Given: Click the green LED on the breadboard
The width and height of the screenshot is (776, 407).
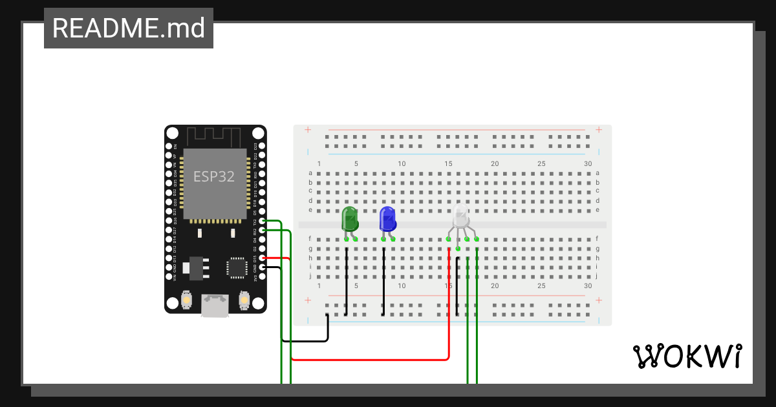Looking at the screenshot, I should pos(350,219).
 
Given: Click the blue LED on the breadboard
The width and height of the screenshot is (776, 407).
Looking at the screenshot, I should pos(387,219).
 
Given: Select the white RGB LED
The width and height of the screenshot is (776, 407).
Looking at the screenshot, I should pos(460,217).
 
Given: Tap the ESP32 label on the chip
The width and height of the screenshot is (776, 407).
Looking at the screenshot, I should pos(214,176).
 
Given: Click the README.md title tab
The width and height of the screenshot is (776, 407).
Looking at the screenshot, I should pos(129,28).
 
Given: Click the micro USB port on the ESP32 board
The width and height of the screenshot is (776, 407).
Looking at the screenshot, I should pos(214,305).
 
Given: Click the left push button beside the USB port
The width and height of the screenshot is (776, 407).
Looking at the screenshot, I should pos(186,300).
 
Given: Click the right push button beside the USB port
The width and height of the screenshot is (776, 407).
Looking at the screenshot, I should pos(244,300).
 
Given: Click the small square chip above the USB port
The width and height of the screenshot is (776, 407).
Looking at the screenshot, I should pos(237,267).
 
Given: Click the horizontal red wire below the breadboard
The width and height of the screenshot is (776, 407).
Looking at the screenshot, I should pos(369,359).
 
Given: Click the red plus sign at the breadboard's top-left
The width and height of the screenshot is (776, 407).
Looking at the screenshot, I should pos(308,130).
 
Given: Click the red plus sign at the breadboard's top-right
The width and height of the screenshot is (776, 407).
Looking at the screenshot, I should pos(599,130).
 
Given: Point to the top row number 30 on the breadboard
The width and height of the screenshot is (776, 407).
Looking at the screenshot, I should pos(587,164).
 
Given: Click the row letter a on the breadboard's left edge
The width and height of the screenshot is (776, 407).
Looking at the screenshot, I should pos(310,173).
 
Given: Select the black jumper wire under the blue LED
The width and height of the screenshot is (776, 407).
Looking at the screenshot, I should pos(384,284).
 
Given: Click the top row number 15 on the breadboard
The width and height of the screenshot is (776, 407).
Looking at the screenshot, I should pos(448,164).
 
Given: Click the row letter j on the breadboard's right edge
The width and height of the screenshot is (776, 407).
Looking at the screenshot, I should pos(596,276).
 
